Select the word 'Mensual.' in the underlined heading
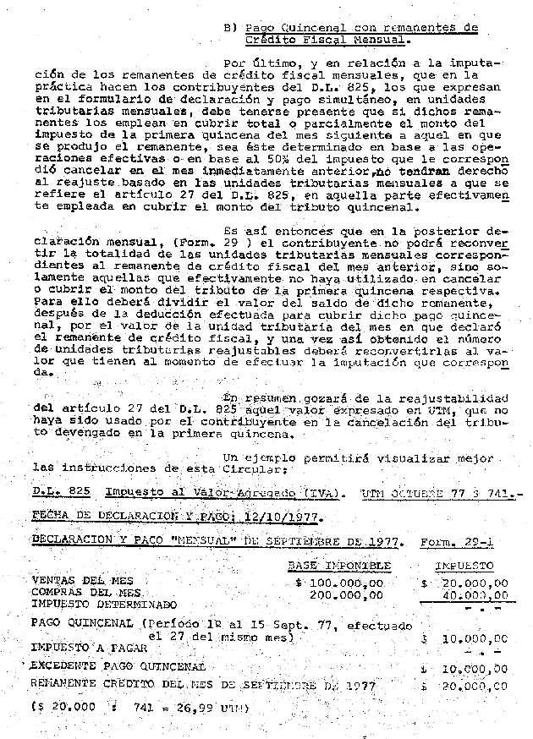tap(362, 39)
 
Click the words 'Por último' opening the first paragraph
tap(258, 63)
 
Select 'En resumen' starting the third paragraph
tap(256, 397)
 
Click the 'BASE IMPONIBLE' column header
tap(339, 564)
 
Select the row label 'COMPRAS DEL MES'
tap(85, 594)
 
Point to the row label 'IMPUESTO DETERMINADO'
tap(103, 605)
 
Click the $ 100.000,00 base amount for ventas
tap(339, 583)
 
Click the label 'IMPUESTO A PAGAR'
tap(89, 648)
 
